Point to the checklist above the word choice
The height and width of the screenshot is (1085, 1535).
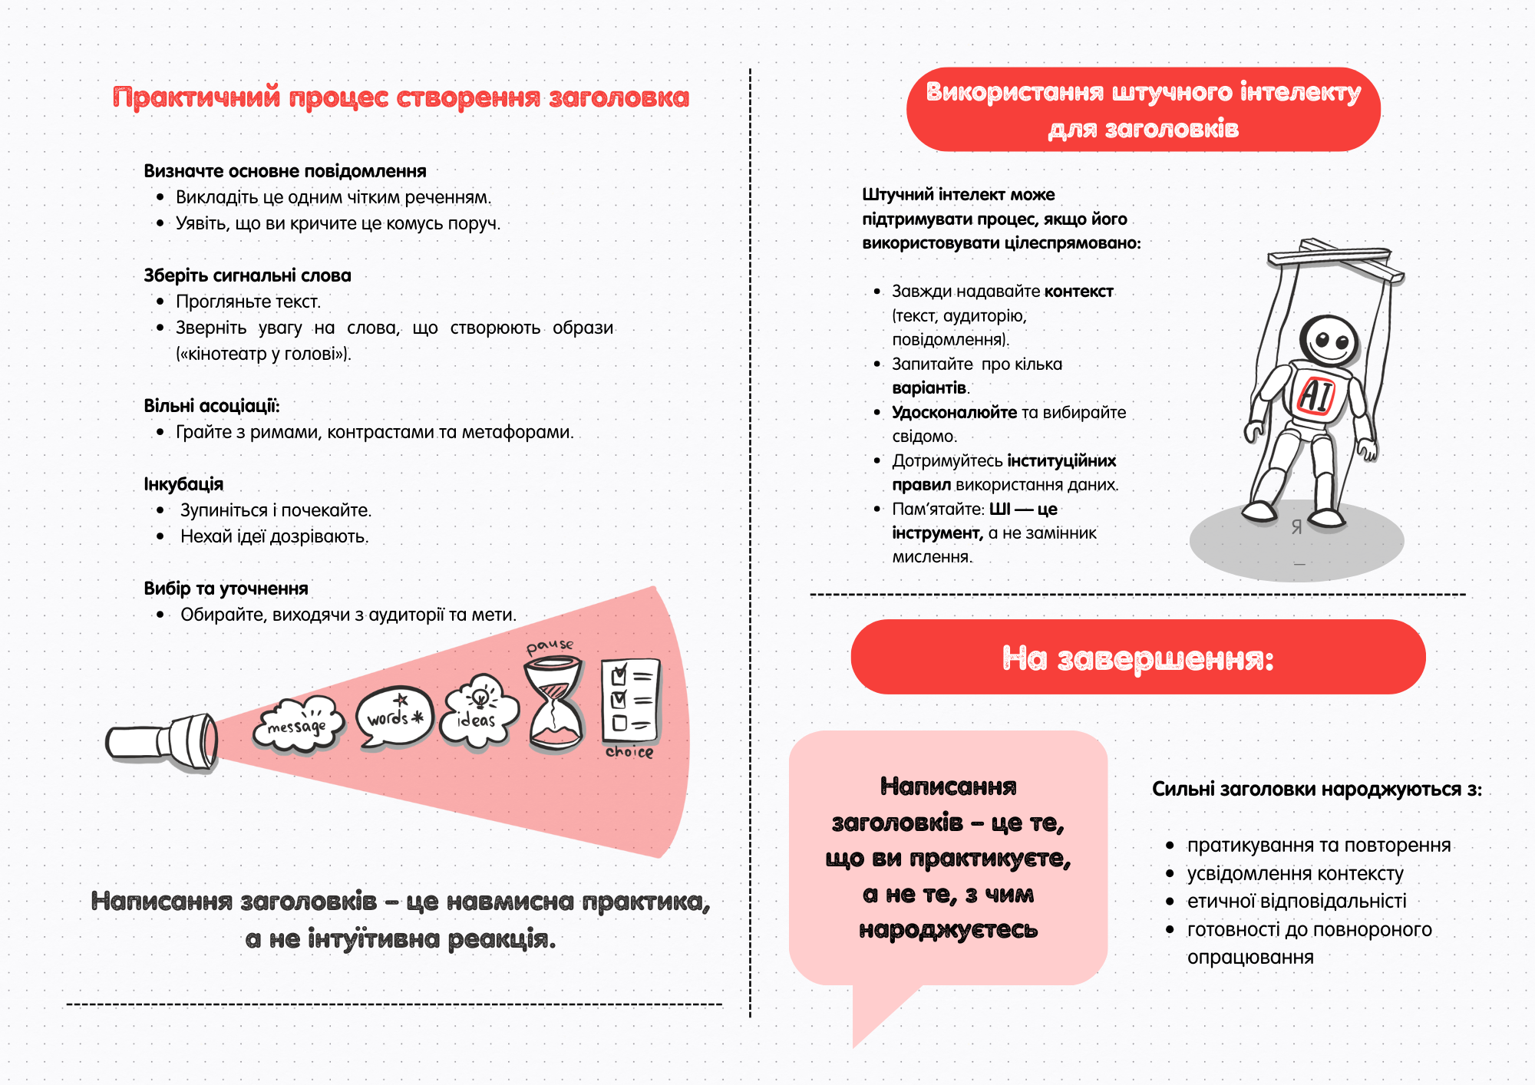(x=630, y=698)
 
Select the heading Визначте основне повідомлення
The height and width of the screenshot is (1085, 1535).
(x=285, y=171)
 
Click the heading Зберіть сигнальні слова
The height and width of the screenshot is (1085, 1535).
(x=247, y=275)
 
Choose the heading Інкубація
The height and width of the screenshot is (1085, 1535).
(x=183, y=484)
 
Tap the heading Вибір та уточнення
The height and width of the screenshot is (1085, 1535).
(x=226, y=589)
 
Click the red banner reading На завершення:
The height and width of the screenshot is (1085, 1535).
(x=1137, y=658)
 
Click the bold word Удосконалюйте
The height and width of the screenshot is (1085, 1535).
(x=954, y=412)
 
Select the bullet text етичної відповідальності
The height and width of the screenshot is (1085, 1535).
(x=1296, y=901)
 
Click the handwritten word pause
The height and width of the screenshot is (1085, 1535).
(x=550, y=646)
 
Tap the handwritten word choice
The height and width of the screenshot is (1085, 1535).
(x=629, y=752)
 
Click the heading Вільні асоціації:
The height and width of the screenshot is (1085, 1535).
(x=212, y=406)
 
